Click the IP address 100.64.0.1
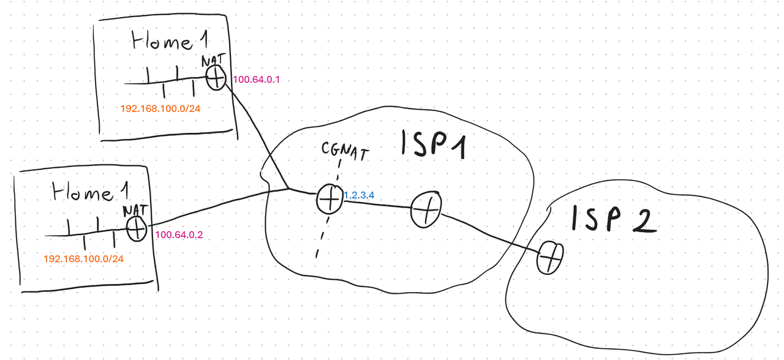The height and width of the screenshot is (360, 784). (x=256, y=80)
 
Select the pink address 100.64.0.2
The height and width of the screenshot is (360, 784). (x=179, y=234)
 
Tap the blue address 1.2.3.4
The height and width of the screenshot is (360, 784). (x=360, y=195)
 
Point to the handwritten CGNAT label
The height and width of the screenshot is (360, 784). (x=345, y=151)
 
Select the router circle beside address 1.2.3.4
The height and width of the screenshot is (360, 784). (x=329, y=199)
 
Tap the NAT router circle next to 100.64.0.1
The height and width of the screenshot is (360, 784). (x=216, y=77)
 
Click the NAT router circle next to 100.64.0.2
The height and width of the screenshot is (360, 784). (x=137, y=229)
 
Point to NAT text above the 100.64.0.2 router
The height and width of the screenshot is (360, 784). (x=135, y=210)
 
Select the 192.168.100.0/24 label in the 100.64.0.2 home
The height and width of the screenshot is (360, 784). (x=83, y=259)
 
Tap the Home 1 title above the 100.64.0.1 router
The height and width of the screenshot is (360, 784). (x=168, y=43)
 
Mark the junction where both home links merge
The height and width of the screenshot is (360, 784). (x=289, y=189)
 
